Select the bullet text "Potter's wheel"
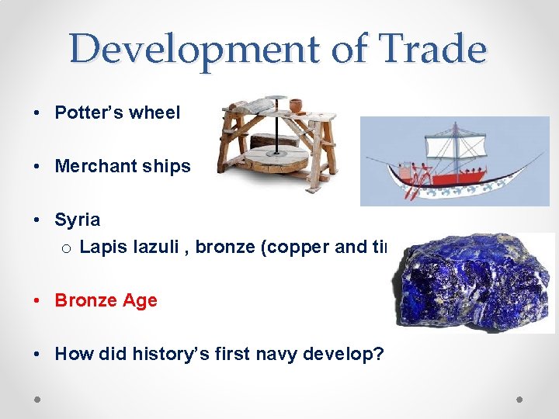[x=117, y=113]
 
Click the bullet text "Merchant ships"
[x=123, y=166]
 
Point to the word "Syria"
[x=77, y=220]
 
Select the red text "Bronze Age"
[x=106, y=300]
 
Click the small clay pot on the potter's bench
[x=296, y=106]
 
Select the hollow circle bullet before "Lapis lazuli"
[x=67, y=248]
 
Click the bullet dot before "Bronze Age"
[x=38, y=300]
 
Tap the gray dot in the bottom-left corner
[x=38, y=399]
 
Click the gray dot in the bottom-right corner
[x=519, y=399]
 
